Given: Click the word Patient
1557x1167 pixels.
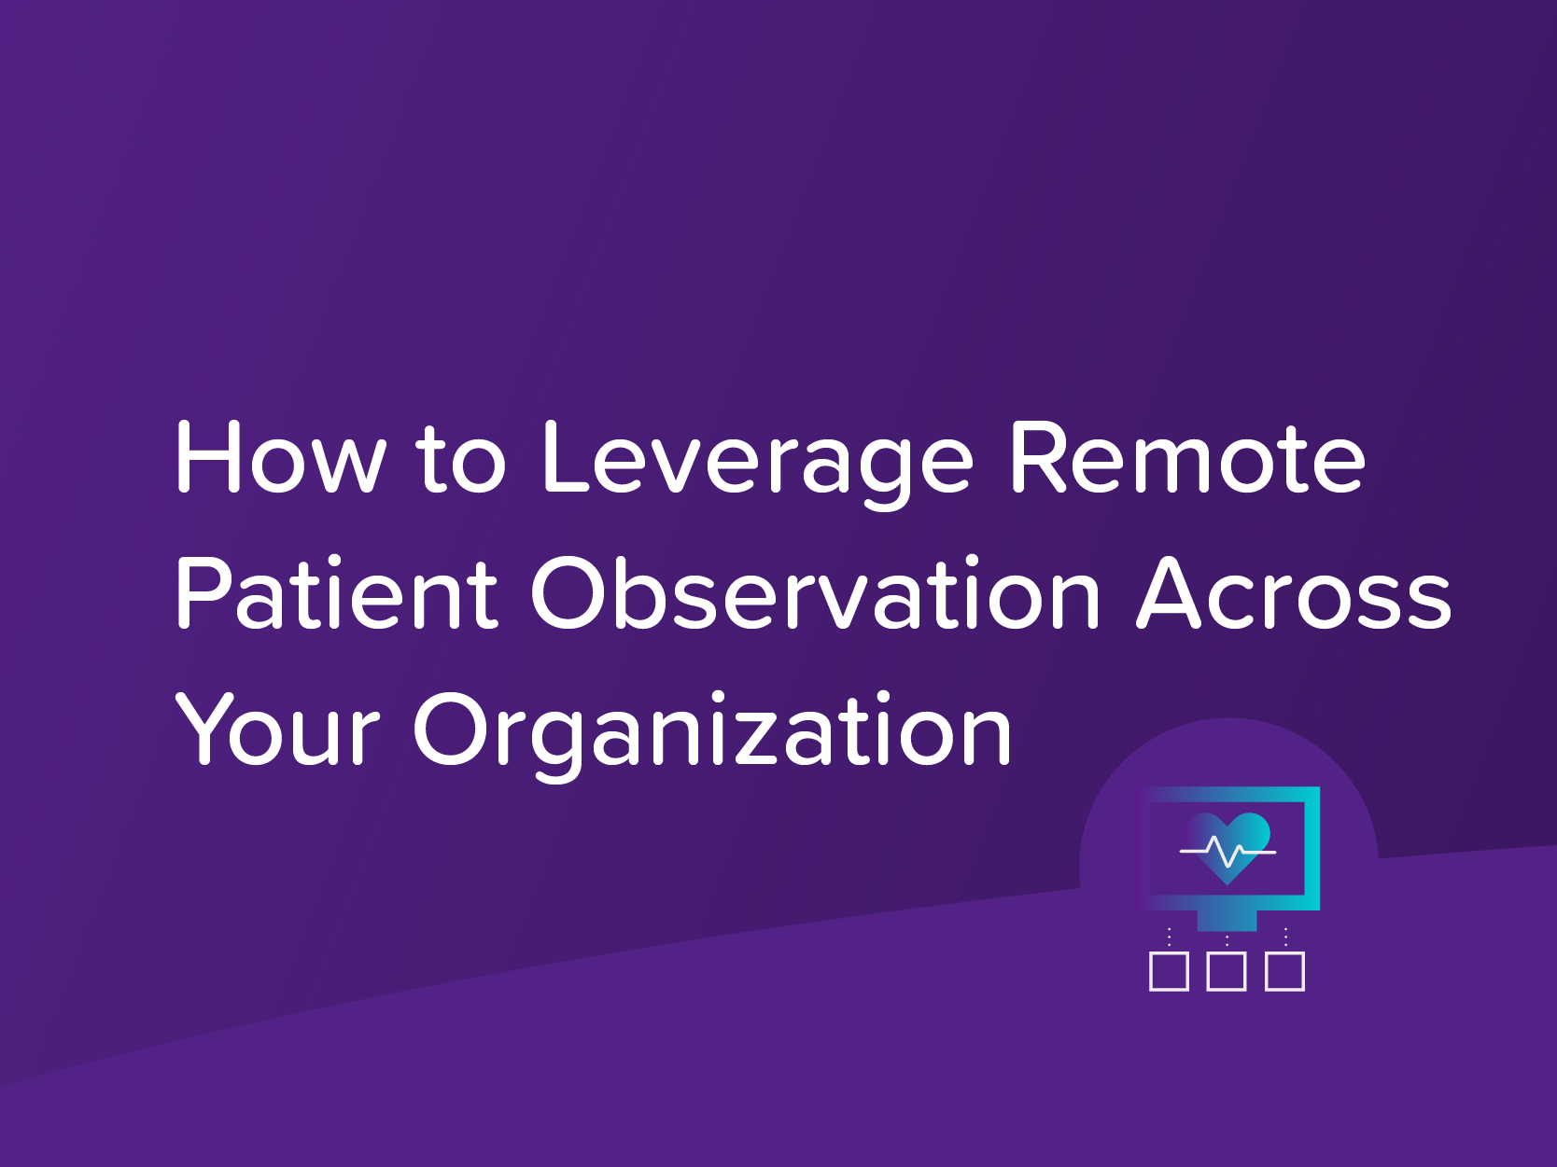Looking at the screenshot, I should click(336, 593).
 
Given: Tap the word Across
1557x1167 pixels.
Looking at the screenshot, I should click(1294, 595).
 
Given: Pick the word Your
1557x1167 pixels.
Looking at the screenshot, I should click(278, 729).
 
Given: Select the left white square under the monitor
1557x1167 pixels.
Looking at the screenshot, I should click(1169, 971).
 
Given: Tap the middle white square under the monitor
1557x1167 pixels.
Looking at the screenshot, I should click(1227, 971).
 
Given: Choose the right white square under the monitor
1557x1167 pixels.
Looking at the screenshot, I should click(1284, 971).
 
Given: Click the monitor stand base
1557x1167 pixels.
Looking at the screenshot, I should click(1227, 921).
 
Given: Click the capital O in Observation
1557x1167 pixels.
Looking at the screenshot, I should click(571, 593).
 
